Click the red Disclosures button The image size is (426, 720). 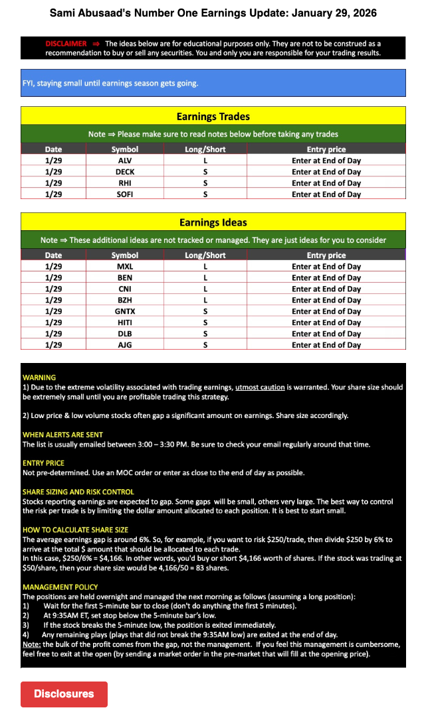pyautogui.click(x=64, y=693)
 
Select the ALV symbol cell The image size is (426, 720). pyautogui.click(x=125, y=161)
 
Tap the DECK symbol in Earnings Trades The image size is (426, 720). pyautogui.click(x=125, y=172)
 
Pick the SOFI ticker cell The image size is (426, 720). pyautogui.click(x=125, y=194)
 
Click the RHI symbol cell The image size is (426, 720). pyautogui.click(x=125, y=183)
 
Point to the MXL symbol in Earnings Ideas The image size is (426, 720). pyautogui.click(x=125, y=267)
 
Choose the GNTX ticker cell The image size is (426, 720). pyautogui.click(x=125, y=311)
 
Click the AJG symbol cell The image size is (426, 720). pyautogui.click(x=125, y=345)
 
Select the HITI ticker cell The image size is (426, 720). pyautogui.click(x=125, y=323)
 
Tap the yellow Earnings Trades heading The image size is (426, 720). pyautogui.click(x=213, y=117)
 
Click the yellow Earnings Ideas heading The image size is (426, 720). pyautogui.click(x=213, y=222)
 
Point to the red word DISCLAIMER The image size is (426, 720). pyautogui.click(x=66, y=44)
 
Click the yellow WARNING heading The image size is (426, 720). pyautogui.click(x=39, y=377)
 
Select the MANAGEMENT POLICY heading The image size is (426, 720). pyautogui.click(x=60, y=587)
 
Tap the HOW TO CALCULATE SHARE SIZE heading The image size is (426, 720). pyautogui.click(x=75, y=530)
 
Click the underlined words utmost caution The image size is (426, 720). pyautogui.click(x=260, y=387)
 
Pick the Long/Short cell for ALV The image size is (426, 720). pyautogui.click(x=205, y=161)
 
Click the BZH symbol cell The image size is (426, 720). pyautogui.click(x=125, y=300)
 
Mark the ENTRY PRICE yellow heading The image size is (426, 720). pyautogui.click(x=43, y=463)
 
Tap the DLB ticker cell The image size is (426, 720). pyautogui.click(x=125, y=334)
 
